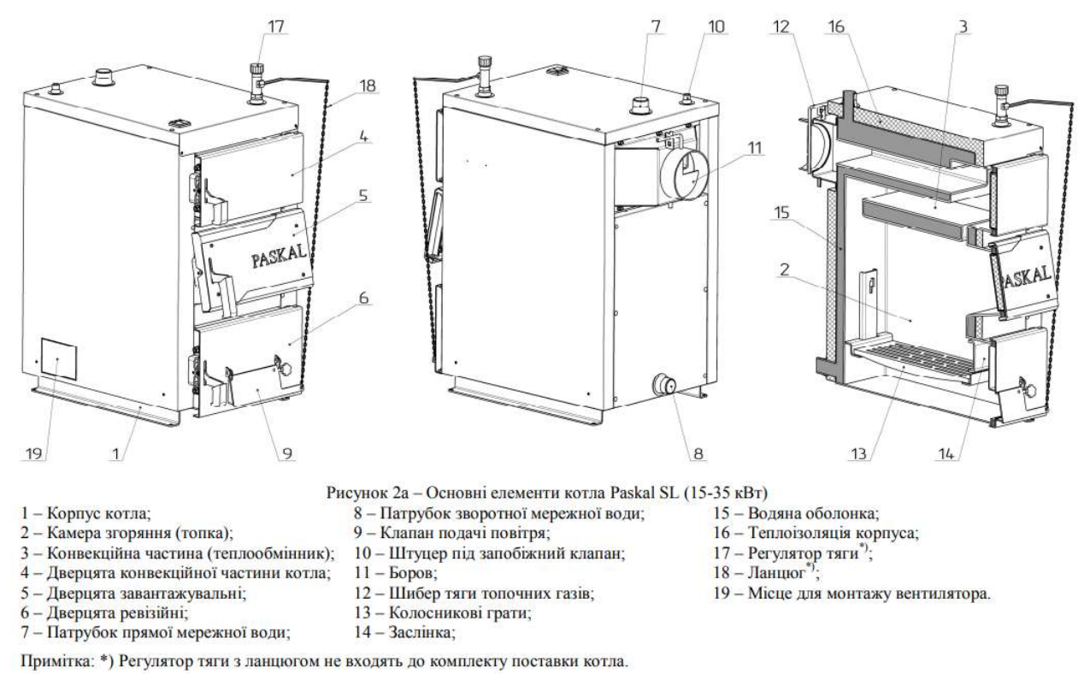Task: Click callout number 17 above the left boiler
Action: [276, 26]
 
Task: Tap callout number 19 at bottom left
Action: [33, 453]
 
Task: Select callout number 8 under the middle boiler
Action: [698, 453]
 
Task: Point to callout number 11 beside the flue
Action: [754, 148]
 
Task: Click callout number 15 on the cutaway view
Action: [782, 212]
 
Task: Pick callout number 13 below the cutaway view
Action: [858, 453]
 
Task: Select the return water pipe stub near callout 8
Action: [663, 385]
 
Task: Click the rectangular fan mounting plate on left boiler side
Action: [58, 358]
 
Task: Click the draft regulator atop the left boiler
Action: [257, 83]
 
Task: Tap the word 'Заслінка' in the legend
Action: [421, 632]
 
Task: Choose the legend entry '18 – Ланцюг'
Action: [766, 573]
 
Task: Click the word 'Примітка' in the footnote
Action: [57, 661]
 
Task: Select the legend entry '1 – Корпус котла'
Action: [86, 513]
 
